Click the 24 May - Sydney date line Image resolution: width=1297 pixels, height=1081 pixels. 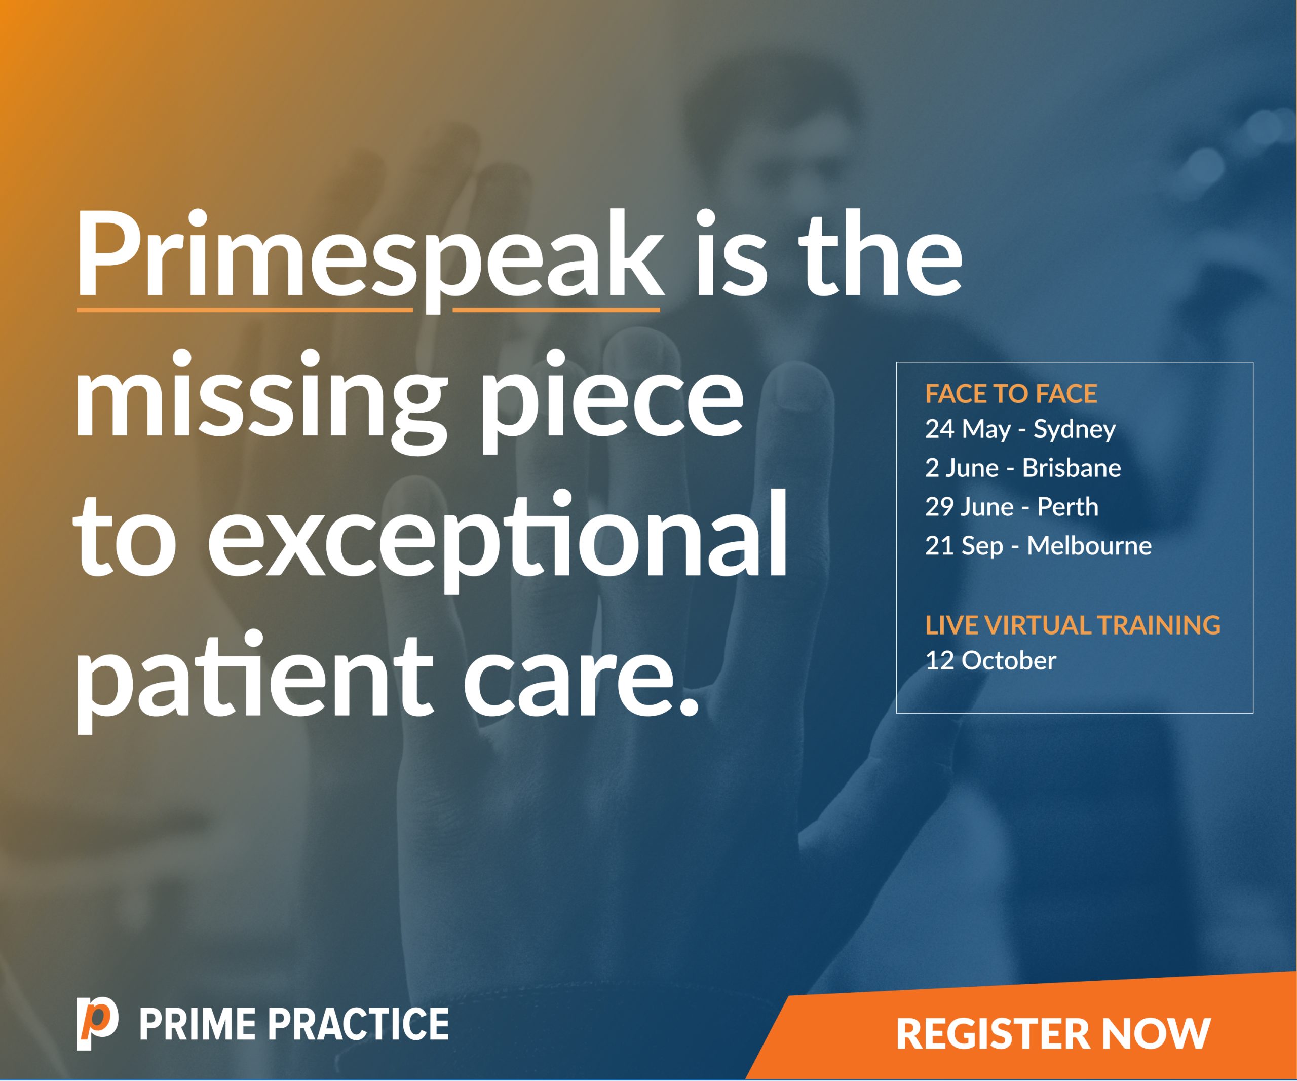point(1020,429)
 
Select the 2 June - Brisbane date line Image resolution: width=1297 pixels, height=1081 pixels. point(1023,468)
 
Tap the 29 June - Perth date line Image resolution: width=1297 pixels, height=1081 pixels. point(1012,506)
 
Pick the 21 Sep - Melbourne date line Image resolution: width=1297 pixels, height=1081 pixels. point(1038,546)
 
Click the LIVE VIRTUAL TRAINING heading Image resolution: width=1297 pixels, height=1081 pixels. point(1073,625)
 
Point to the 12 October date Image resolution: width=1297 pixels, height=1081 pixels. point(990,660)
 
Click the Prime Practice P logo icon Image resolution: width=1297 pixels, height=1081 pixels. point(97,1024)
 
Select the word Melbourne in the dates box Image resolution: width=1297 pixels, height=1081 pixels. point(1089,545)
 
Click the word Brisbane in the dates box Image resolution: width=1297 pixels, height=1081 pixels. point(1072,468)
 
